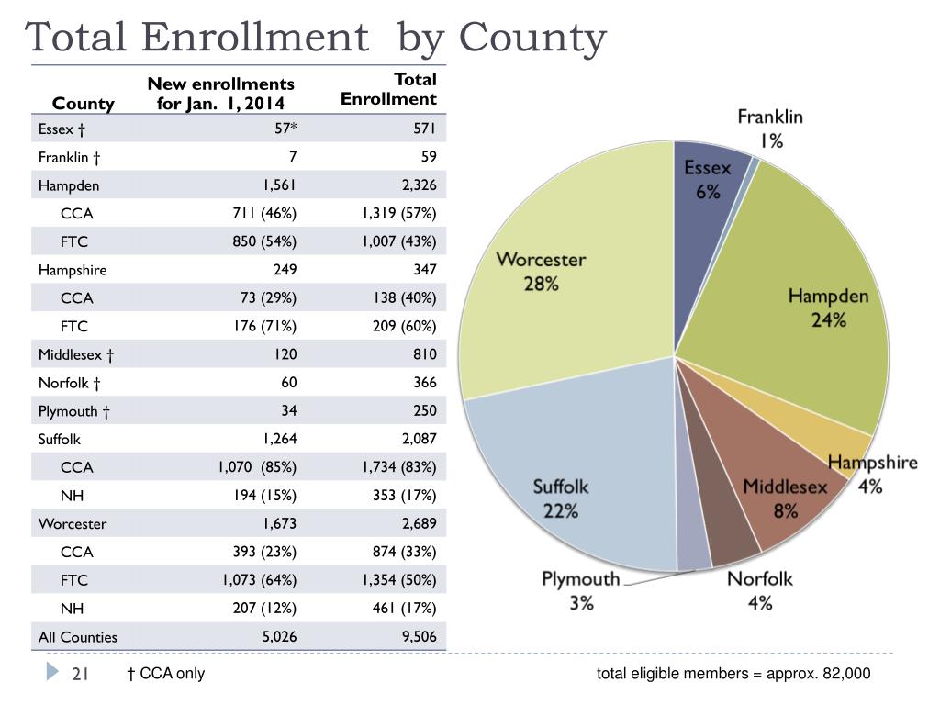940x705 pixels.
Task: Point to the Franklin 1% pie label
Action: coord(770,129)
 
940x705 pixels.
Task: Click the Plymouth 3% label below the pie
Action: coord(581,590)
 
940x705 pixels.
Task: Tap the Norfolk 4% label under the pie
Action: coord(759,590)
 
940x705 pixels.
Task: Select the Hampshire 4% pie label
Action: coord(872,475)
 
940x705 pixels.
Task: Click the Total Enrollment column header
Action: coord(388,89)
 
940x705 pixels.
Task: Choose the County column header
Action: coord(83,104)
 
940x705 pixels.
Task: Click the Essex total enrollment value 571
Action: coord(424,129)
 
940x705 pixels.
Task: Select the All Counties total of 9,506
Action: coord(419,637)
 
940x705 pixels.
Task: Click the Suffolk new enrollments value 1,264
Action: coord(280,439)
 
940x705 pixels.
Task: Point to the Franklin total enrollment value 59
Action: coord(429,156)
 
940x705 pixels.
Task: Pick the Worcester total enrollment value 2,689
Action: coord(419,523)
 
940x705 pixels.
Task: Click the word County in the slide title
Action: coord(533,38)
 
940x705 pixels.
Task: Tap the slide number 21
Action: coord(80,675)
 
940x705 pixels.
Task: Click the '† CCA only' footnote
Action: coord(166,674)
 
